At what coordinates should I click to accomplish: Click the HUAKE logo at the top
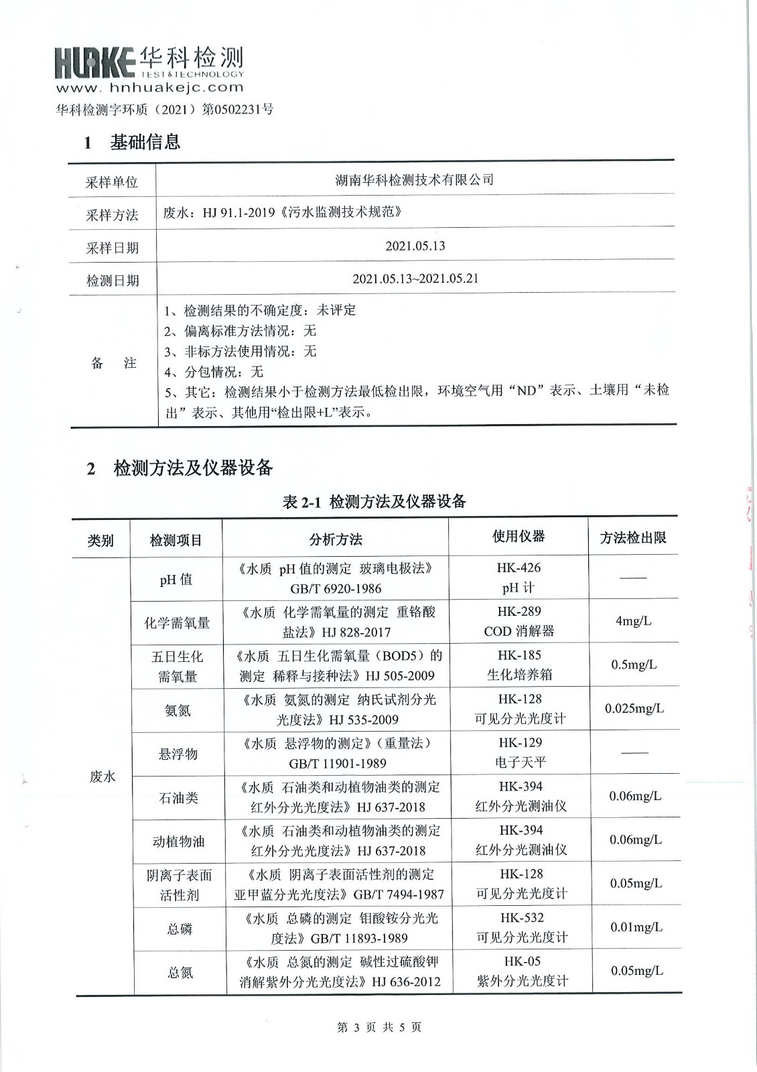(149, 62)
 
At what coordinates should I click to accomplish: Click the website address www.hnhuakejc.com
(149, 87)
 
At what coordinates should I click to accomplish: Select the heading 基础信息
(145, 142)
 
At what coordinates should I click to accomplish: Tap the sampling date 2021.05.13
(415, 246)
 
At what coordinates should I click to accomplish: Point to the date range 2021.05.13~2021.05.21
(415, 279)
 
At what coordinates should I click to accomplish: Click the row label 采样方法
(112, 215)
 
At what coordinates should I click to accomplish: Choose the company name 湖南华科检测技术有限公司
(415, 180)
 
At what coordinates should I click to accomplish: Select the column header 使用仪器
(519, 536)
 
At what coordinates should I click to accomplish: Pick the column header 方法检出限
(633, 537)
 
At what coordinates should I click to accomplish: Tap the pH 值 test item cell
(176, 580)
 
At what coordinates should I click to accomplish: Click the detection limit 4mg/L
(633, 621)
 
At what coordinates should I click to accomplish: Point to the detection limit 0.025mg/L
(634, 708)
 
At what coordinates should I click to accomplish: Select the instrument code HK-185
(519, 655)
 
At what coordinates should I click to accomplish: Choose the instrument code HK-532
(522, 918)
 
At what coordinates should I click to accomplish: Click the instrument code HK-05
(523, 961)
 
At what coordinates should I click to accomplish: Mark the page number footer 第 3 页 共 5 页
(379, 1027)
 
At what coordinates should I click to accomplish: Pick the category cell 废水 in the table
(102, 777)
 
